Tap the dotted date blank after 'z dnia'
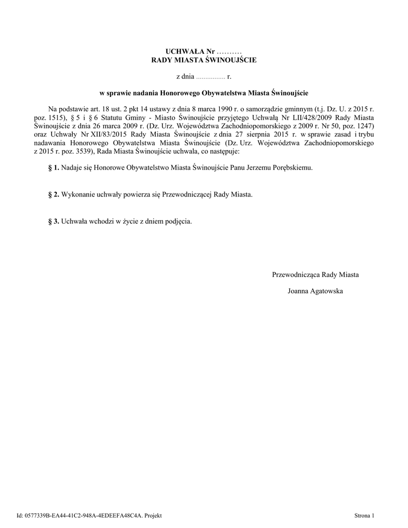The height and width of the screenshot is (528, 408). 211,77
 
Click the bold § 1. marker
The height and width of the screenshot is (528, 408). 54,168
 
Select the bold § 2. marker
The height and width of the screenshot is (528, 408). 54,194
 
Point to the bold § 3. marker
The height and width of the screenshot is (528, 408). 54,221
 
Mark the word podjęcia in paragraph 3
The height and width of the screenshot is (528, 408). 179,221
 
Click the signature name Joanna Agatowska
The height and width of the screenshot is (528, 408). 315,291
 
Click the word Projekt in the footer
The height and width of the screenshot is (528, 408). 153,516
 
